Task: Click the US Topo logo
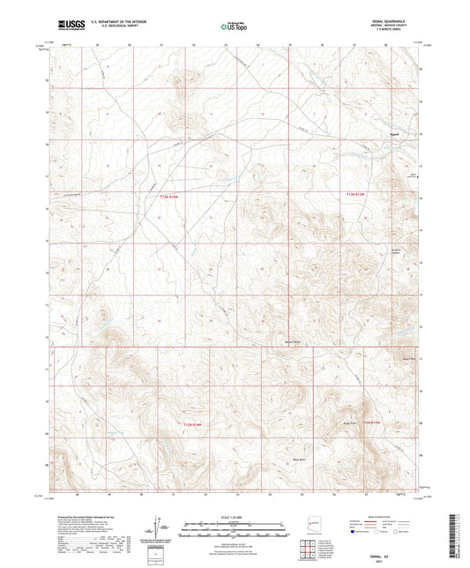[233, 26]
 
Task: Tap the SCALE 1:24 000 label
[234, 515]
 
